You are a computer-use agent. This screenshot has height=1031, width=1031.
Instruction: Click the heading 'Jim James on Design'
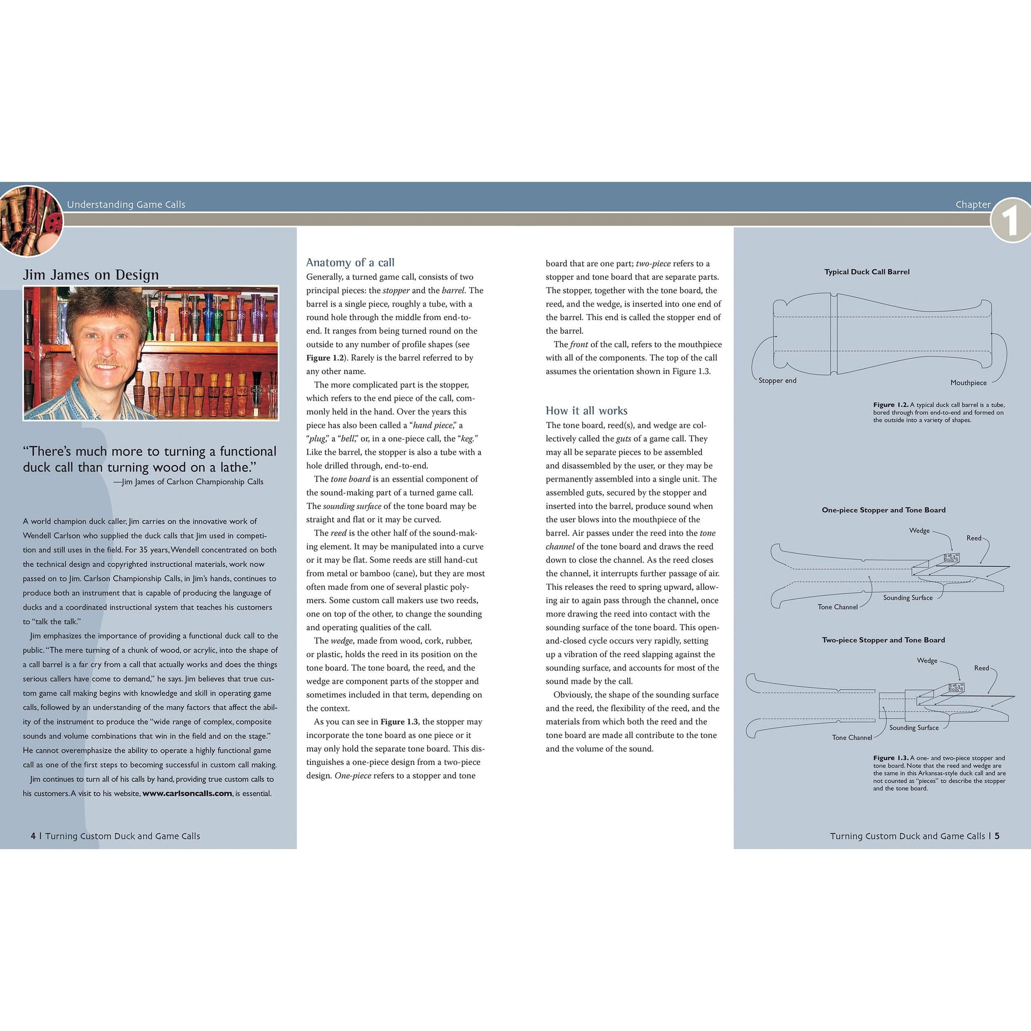point(91,275)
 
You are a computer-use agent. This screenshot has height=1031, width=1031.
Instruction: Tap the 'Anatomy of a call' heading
point(350,263)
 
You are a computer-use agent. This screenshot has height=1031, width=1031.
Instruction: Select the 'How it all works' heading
point(586,411)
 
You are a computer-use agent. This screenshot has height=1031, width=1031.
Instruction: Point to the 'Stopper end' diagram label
point(777,380)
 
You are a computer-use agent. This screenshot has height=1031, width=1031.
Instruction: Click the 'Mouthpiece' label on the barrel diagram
point(968,383)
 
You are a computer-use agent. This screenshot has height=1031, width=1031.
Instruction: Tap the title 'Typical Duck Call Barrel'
point(867,272)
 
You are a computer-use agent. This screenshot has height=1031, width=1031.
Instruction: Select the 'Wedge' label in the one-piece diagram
point(919,530)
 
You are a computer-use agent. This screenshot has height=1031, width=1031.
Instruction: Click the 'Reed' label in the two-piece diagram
point(981,668)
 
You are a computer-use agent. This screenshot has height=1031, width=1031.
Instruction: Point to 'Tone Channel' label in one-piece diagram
point(837,607)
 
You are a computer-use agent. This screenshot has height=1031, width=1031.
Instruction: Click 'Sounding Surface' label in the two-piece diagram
point(913,727)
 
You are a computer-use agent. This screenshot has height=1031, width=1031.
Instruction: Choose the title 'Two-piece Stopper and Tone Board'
point(883,640)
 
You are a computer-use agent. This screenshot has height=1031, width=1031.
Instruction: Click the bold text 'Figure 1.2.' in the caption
point(891,404)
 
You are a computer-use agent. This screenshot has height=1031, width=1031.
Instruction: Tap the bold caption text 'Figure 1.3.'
point(891,758)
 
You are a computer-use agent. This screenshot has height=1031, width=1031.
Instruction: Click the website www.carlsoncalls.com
point(187,794)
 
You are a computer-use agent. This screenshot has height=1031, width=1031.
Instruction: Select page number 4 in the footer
point(33,836)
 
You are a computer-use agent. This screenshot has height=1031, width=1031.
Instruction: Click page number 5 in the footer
point(997,836)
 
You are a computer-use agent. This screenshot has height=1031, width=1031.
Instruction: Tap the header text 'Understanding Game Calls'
point(126,205)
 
